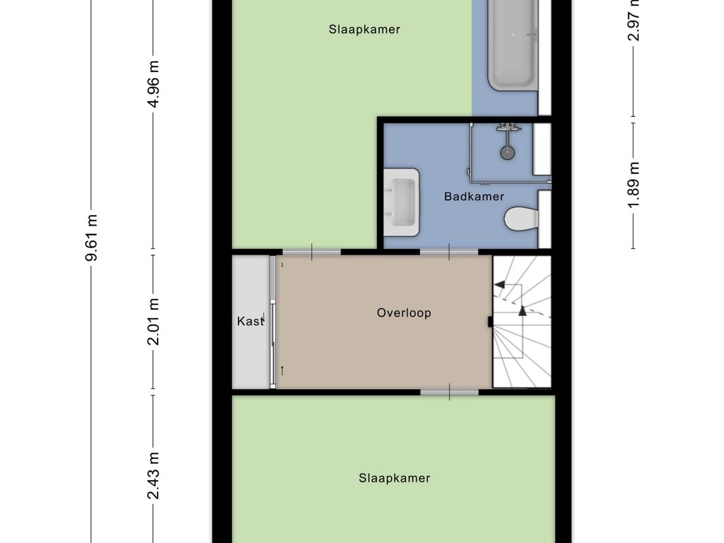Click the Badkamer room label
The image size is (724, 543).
[x=474, y=197]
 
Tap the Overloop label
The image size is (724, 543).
[x=404, y=313]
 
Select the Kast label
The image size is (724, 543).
[x=250, y=321]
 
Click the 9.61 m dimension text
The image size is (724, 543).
[x=91, y=238]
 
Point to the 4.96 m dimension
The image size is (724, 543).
[x=153, y=84]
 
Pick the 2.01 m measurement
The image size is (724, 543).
[x=153, y=322]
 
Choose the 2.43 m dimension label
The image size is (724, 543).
[x=153, y=476]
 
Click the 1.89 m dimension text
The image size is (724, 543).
[x=633, y=185]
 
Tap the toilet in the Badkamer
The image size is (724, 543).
[x=521, y=218]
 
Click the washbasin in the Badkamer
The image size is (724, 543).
[x=402, y=202]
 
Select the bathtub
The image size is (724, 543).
[x=513, y=45]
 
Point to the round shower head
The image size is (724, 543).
[x=508, y=153]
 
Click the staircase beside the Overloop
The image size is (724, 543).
[x=522, y=322]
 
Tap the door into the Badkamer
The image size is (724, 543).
[x=449, y=252]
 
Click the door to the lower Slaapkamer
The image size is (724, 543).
[x=449, y=392]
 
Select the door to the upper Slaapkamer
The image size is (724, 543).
[x=312, y=252]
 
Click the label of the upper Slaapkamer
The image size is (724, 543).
[x=364, y=29]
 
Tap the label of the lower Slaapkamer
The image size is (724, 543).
[x=395, y=478]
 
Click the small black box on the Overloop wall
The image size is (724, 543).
[x=490, y=322]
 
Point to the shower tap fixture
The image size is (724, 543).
[x=508, y=127]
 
